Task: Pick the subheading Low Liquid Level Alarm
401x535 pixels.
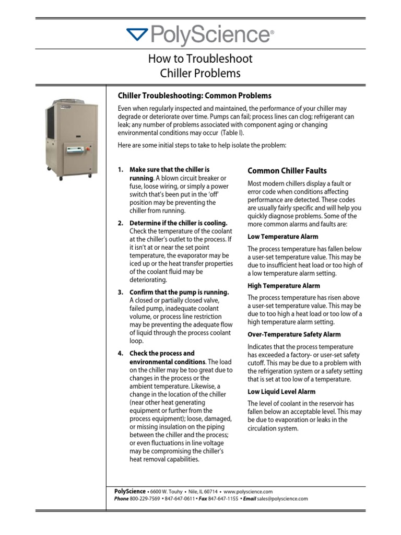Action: (x=281, y=391)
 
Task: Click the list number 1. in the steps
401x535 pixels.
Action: (x=121, y=170)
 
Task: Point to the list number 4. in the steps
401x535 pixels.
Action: (x=121, y=353)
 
